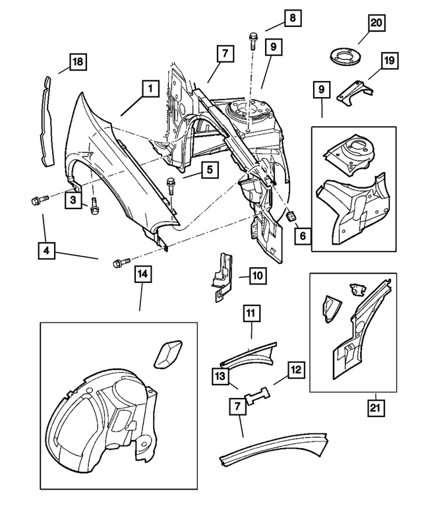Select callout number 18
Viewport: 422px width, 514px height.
coord(78,63)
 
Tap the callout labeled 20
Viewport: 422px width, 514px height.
coord(376,24)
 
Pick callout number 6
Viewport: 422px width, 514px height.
coord(302,234)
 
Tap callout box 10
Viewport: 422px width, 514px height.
coord(257,274)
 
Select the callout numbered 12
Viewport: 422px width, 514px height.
coord(296,370)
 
